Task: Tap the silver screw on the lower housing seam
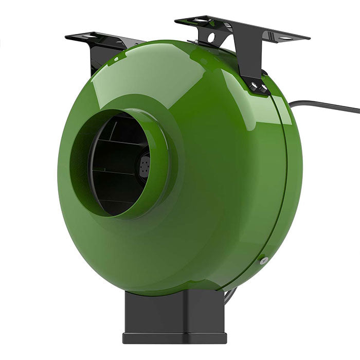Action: tap(264, 261)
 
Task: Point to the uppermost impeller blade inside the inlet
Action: tap(121, 123)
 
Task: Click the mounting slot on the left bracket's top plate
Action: tap(86, 36)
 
